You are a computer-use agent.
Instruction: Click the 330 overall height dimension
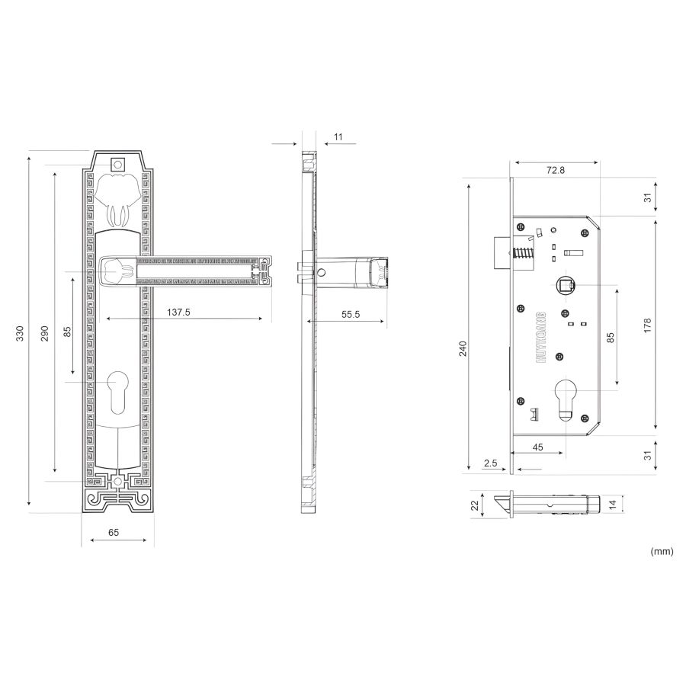click(x=20, y=333)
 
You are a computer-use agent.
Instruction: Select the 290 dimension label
click(x=44, y=333)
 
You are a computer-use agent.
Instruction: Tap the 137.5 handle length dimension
click(x=178, y=313)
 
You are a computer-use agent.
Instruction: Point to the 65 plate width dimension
click(x=114, y=533)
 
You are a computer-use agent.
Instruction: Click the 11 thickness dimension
click(x=338, y=137)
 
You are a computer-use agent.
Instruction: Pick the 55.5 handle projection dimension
click(x=351, y=315)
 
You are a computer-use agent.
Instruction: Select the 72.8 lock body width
click(x=556, y=170)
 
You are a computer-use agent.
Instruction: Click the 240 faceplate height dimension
click(x=463, y=348)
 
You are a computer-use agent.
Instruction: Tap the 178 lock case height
click(x=647, y=325)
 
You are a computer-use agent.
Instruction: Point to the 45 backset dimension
click(x=537, y=447)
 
